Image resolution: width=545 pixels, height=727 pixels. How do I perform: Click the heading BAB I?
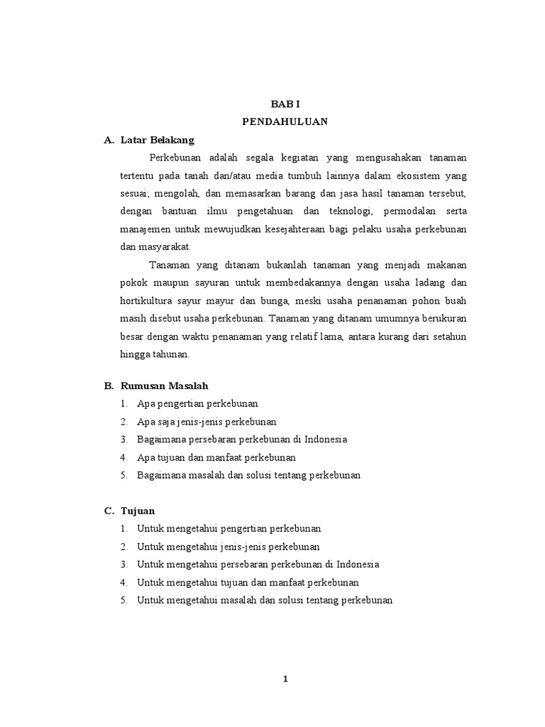[x=285, y=102]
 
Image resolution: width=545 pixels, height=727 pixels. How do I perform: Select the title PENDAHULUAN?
[x=285, y=121]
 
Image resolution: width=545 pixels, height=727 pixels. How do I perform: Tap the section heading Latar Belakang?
[x=158, y=139]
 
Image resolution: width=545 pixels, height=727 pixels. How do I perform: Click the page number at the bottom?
[x=285, y=679]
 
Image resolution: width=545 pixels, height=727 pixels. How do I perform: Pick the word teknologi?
[x=348, y=212]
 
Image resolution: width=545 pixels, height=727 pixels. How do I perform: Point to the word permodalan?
[x=411, y=212]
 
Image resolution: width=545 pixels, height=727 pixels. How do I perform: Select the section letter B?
[x=108, y=386]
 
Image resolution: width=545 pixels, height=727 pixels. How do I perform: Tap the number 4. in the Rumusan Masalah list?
[x=123, y=457]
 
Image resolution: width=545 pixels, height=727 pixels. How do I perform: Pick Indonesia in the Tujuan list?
[x=358, y=564]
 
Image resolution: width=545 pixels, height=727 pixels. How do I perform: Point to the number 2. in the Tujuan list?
[x=123, y=547]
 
